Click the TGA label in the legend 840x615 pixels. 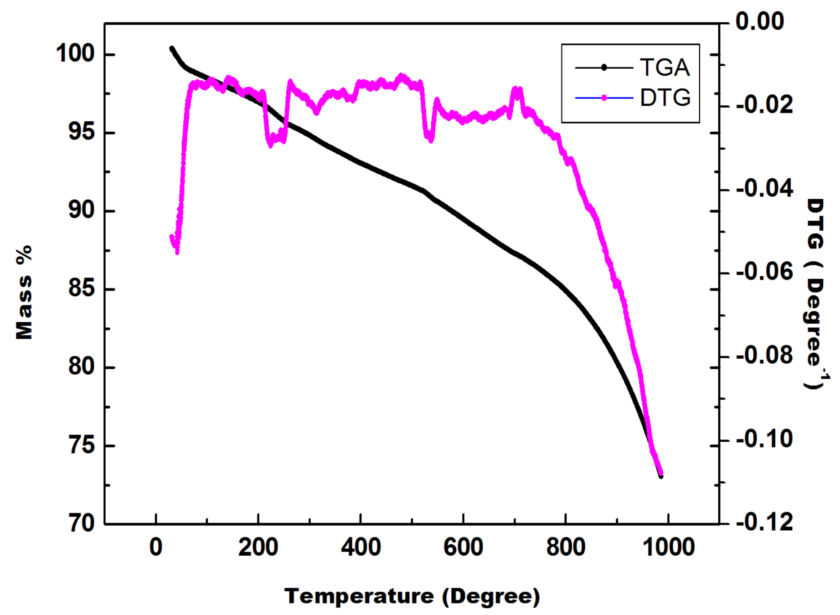click(665, 67)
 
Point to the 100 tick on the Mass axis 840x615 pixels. click(75, 54)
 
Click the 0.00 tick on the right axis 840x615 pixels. click(759, 21)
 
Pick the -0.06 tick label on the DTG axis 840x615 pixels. click(764, 272)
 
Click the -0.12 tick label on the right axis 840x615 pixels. click(764, 522)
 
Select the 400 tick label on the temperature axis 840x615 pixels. click(361, 547)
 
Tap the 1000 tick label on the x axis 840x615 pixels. click(668, 547)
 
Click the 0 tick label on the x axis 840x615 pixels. click(156, 547)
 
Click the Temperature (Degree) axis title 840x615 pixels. click(412, 596)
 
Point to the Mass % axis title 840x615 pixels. click(24, 292)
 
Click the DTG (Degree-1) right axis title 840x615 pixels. click(816, 294)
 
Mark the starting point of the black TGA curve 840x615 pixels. click(172, 48)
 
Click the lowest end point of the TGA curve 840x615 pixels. click(661, 476)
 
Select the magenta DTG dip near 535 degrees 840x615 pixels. click(430, 139)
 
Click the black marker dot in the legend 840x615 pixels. click(604, 67)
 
